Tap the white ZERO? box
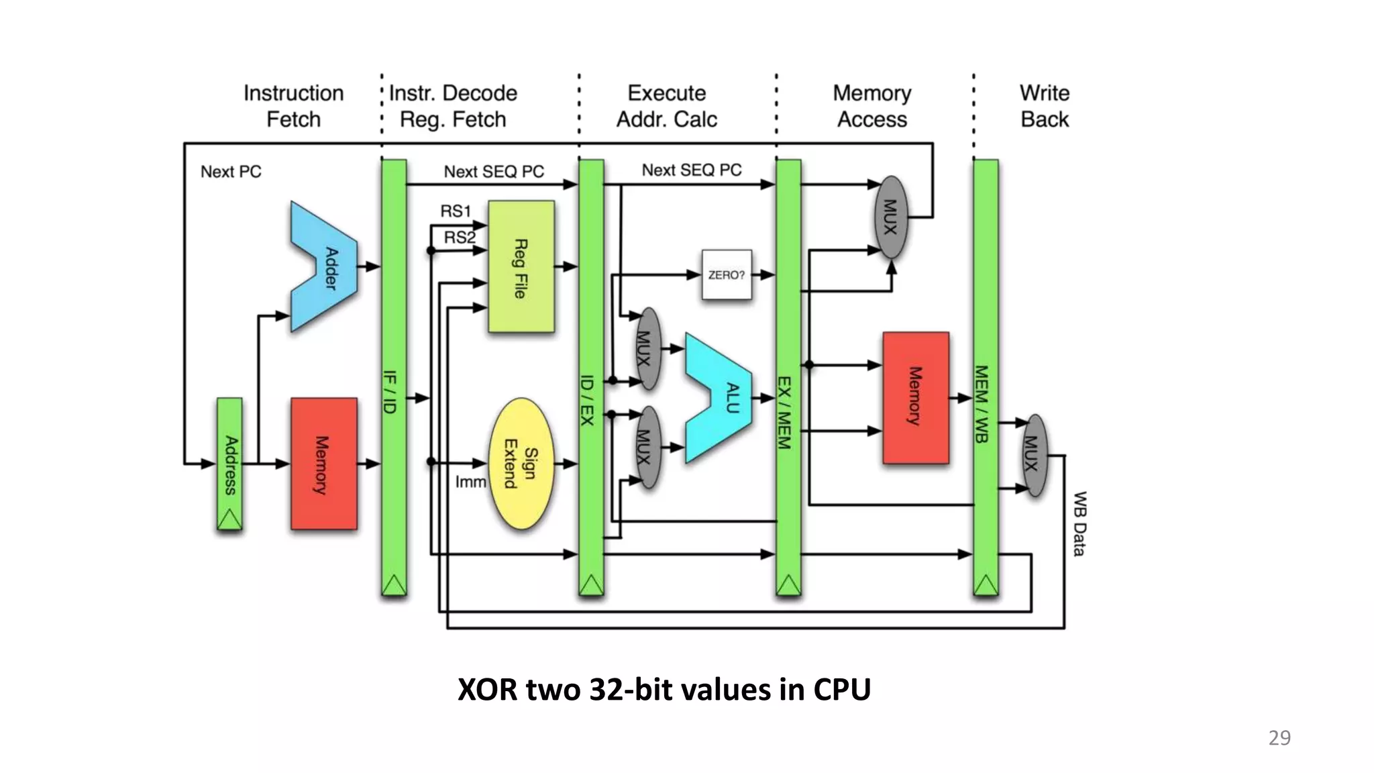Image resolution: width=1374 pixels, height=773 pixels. [727, 274]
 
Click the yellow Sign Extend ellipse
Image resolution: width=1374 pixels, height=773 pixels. [522, 464]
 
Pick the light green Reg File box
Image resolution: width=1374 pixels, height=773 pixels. [521, 267]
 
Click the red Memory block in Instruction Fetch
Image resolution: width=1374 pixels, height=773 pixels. [323, 464]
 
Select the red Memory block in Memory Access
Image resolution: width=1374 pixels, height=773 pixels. [916, 397]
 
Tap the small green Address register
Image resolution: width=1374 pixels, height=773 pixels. [229, 464]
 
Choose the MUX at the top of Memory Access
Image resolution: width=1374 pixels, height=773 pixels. [891, 217]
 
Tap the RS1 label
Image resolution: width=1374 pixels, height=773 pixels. [456, 211]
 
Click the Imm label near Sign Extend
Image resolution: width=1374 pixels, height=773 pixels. [470, 482]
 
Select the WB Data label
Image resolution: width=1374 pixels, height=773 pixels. [1079, 523]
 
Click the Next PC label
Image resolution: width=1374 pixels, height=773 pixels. [231, 172]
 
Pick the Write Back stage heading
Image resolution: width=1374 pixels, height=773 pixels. [1045, 106]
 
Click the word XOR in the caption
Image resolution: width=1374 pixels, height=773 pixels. [487, 690]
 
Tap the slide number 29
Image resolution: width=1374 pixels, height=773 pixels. [1279, 737]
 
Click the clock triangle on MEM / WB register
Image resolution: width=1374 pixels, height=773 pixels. [986, 585]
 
